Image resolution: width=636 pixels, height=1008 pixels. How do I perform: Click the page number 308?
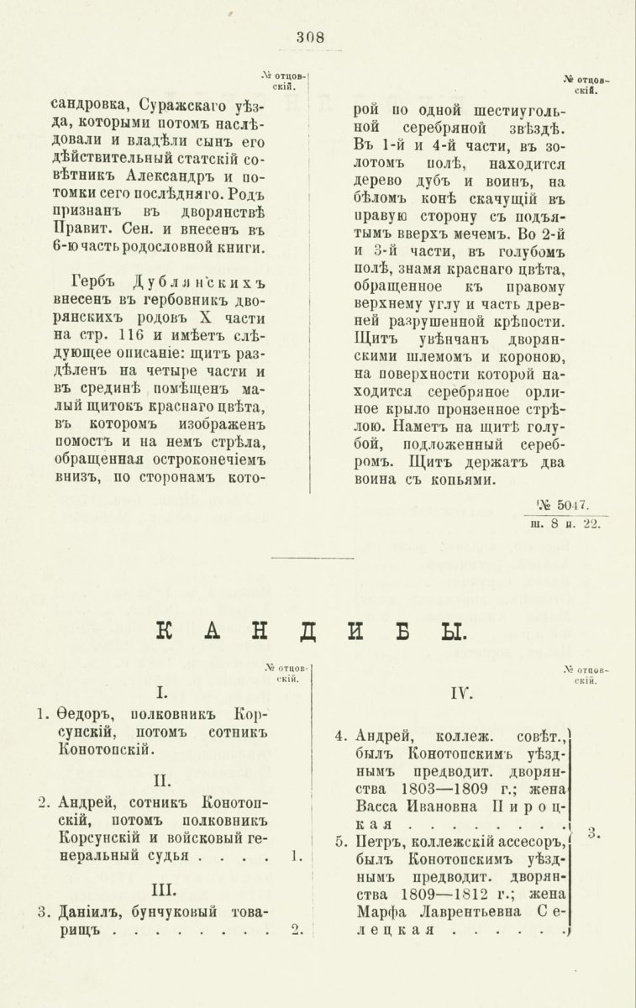click(310, 36)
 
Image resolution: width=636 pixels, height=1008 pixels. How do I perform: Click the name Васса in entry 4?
click(377, 808)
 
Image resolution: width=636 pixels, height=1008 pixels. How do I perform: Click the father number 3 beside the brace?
click(592, 833)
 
